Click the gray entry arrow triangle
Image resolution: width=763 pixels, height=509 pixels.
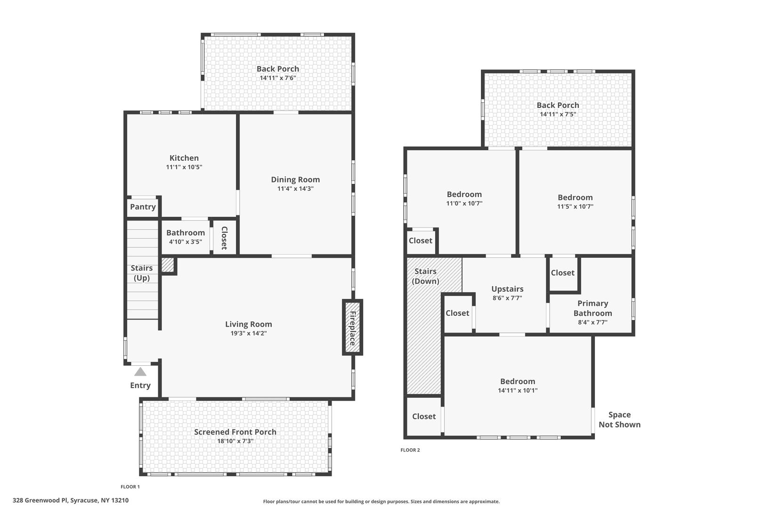(140, 371)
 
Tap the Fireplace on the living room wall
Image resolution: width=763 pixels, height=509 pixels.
(353, 327)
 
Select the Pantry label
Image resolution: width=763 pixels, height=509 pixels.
(143, 206)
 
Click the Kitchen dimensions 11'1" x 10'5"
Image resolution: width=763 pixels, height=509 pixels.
(184, 167)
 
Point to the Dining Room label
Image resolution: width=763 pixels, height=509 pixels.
(295, 180)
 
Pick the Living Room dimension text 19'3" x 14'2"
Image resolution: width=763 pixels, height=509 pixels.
(249, 333)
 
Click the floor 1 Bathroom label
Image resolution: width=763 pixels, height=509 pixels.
(186, 233)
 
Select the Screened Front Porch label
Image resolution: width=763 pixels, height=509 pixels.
(235, 432)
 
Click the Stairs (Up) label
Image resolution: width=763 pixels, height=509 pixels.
(142, 273)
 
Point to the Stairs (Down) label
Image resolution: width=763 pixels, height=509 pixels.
(425, 276)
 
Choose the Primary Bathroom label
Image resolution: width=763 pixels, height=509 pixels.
(593, 308)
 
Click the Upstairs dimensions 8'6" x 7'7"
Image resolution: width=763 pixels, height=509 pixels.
(508, 298)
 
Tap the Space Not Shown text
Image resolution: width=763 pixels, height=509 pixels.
(620, 419)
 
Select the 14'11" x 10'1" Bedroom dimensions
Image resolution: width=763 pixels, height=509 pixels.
(518, 390)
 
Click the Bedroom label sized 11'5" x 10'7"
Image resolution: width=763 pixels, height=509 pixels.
(576, 197)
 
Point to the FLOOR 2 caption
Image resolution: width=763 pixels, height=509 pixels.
(410, 450)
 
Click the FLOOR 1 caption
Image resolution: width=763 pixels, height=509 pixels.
(130, 487)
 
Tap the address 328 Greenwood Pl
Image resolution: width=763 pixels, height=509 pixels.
(41, 501)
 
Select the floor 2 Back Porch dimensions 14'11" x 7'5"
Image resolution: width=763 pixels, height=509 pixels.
(558, 114)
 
